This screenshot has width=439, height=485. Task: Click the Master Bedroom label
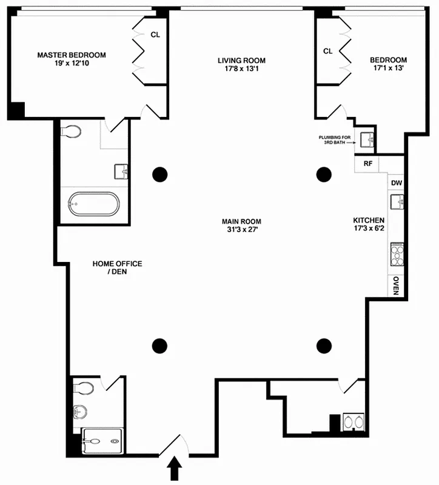(72, 55)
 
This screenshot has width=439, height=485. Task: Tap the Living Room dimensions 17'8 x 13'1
(241, 69)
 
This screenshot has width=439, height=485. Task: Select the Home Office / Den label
(117, 267)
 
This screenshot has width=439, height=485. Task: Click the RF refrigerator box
(367, 164)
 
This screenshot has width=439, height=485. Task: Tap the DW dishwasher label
(396, 182)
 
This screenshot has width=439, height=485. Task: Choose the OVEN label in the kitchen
(395, 285)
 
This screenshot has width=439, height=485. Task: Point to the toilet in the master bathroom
(72, 131)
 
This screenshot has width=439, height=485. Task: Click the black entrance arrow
(175, 467)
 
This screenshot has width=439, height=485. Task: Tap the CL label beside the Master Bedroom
(155, 35)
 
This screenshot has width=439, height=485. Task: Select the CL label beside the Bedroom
(328, 52)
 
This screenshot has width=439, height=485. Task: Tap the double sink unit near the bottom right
(354, 422)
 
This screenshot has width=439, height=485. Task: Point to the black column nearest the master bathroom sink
(159, 175)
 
